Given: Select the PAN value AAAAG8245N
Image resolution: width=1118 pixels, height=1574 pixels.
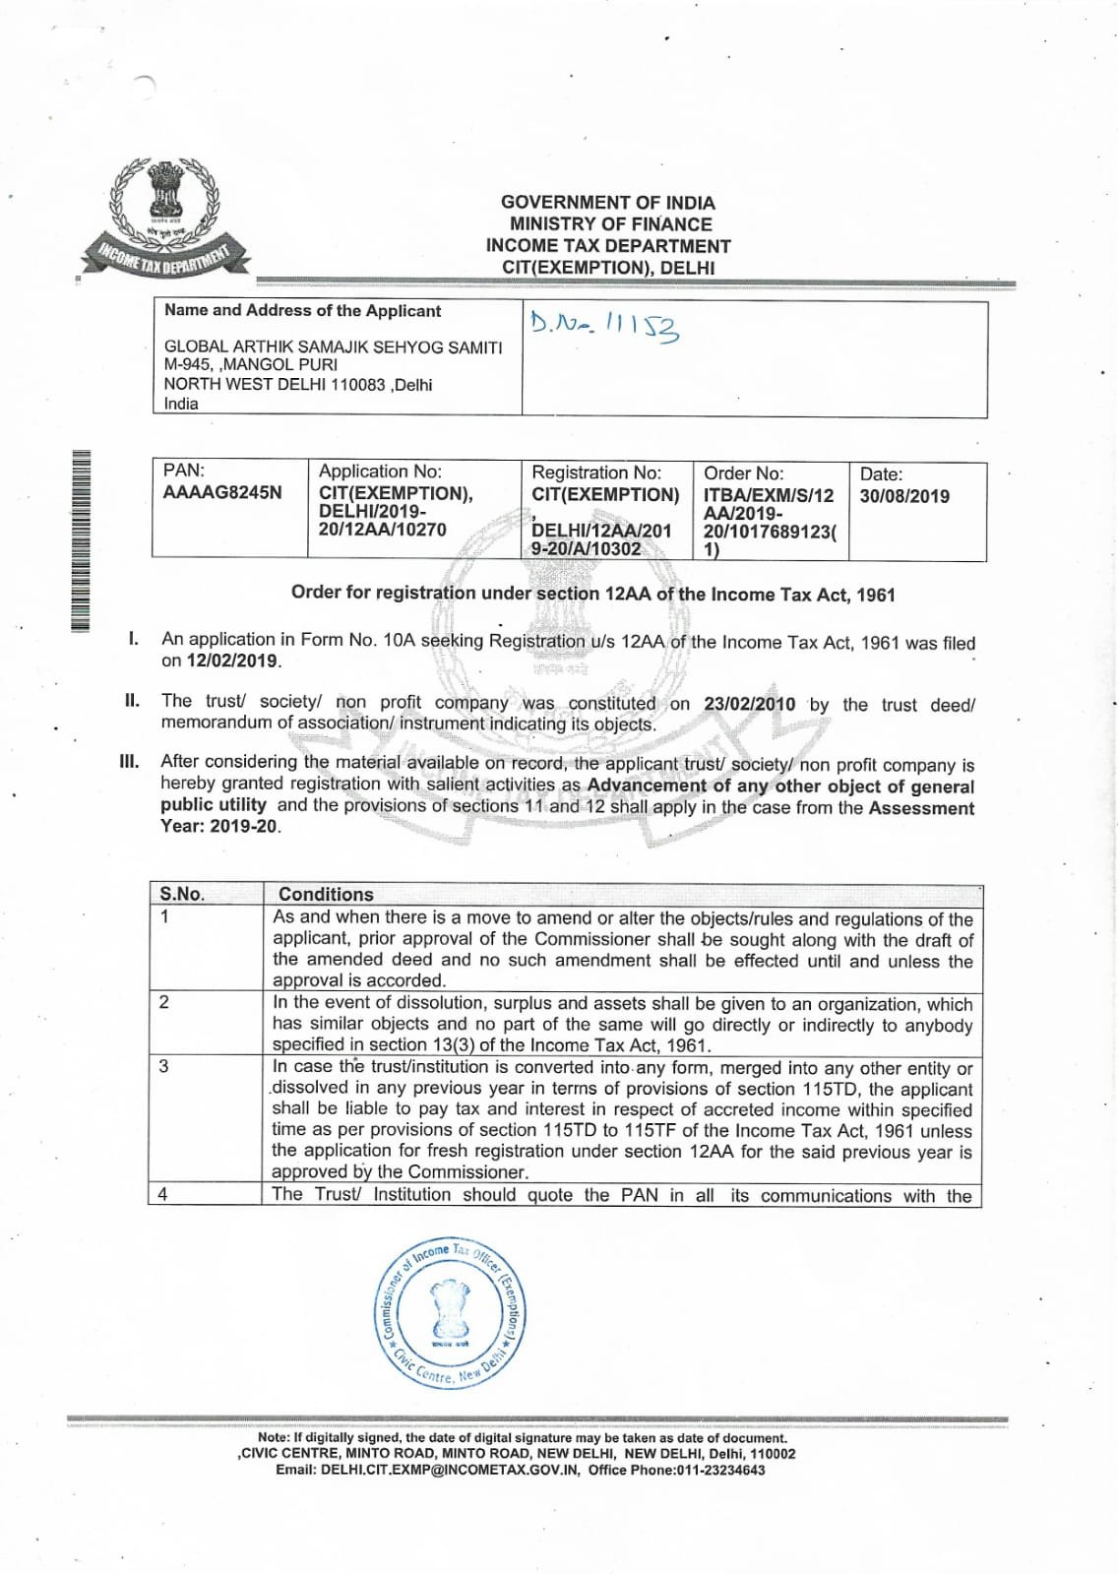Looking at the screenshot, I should (x=222, y=493).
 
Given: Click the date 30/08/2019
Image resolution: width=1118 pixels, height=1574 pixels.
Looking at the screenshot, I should (x=904, y=496).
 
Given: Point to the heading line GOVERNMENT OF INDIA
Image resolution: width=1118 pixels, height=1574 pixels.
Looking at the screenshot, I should (x=607, y=202).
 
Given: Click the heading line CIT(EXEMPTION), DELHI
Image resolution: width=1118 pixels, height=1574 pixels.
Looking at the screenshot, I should (x=607, y=268).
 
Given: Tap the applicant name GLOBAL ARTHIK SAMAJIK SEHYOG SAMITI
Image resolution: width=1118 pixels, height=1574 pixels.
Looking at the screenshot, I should (x=333, y=346).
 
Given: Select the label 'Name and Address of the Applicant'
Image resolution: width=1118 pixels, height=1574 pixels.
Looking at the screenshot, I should (x=302, y=311).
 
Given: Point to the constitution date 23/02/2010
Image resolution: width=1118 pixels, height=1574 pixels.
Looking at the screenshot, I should (x=749, y=705).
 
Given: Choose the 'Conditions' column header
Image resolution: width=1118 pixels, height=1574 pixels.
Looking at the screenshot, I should (x=326, y=894).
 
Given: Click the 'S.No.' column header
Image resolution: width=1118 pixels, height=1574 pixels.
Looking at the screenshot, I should (x=182, y=894).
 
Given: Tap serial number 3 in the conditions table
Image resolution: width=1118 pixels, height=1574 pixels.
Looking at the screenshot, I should (x=163, y=1066).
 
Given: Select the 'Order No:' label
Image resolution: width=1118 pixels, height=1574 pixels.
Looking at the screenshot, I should (x=743, y=473).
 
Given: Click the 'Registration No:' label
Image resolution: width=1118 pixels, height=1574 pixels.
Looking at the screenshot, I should (x=596, y=473).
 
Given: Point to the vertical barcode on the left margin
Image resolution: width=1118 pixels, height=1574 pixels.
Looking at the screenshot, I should (x=81, y=538).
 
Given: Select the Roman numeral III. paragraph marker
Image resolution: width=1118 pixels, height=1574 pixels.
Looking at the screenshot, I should (x=129, y=761).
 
